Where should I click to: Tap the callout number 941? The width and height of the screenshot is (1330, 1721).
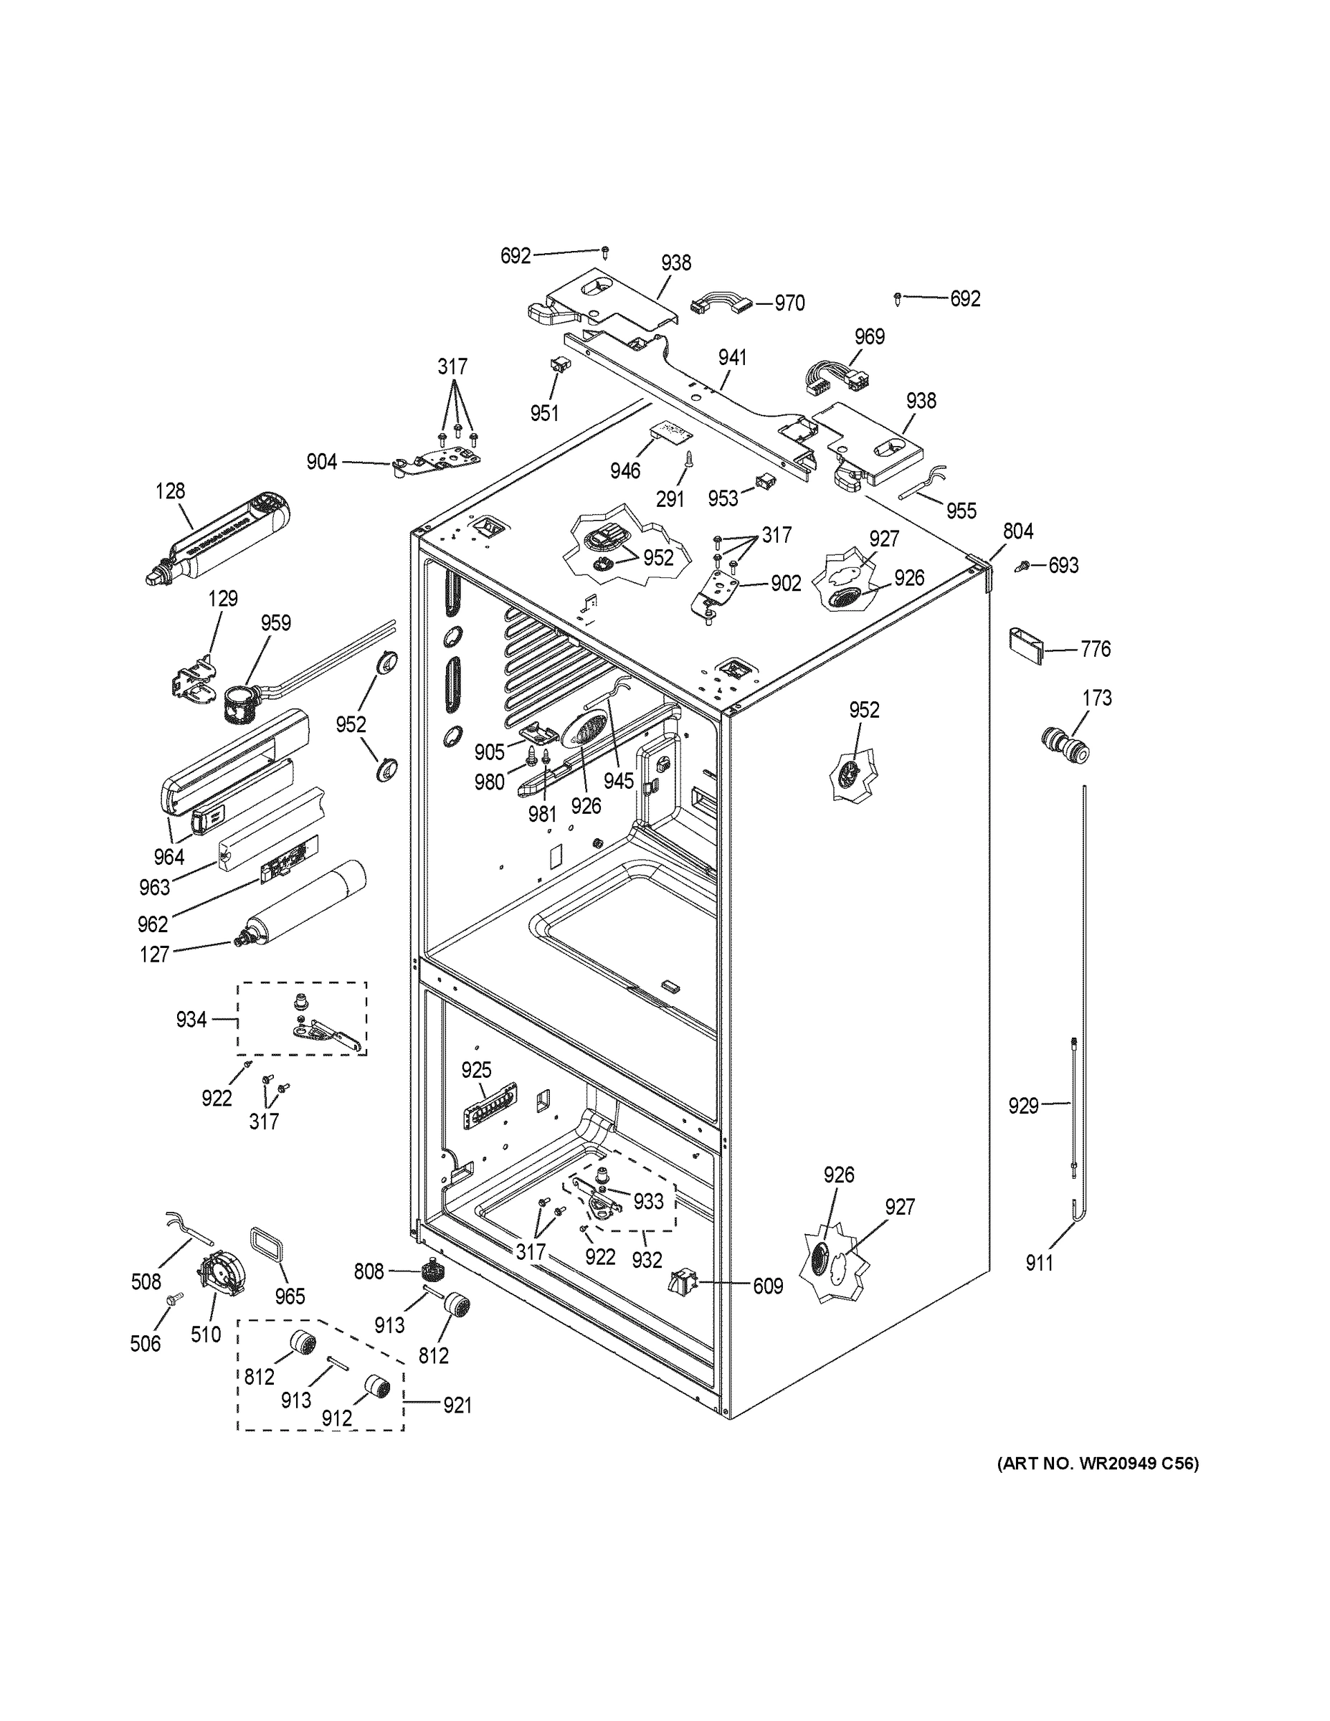tap(732, 358)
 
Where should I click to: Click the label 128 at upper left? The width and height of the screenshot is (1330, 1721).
tap(170, 491)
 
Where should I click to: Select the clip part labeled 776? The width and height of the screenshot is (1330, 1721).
tap(1025, 647)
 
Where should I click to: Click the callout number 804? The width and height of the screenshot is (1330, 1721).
tap(1018, 532)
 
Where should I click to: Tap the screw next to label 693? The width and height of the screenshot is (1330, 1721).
tap(1026, 565)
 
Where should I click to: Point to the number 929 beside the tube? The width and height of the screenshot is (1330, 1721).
tap(1024, 1106)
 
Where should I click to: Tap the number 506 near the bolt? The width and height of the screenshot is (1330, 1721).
tap(146, 1344)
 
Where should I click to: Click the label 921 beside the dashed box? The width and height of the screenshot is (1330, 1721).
tap(456, 1405)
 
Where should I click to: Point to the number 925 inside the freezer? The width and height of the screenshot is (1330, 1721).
tap(476, 1070)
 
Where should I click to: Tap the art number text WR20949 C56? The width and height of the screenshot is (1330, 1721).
tap(1098, 1464)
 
